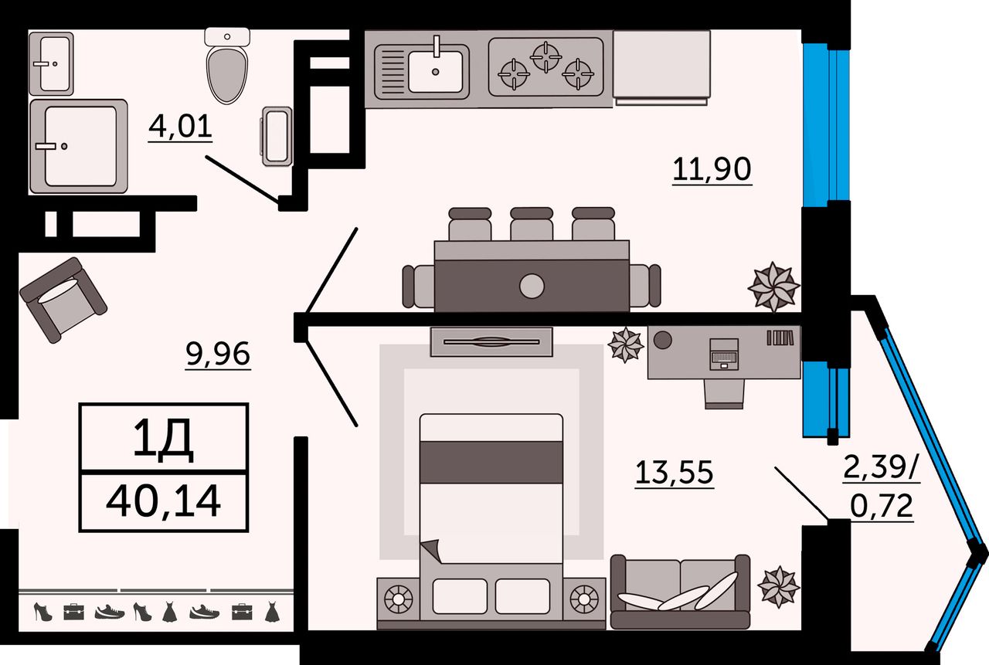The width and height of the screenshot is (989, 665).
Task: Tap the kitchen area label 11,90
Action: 711,168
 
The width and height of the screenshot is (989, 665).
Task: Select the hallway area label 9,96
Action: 218,355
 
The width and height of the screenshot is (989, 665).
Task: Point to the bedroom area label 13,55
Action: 674,473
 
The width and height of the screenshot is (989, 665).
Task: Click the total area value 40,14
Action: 164,502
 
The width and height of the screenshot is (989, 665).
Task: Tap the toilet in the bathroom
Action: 228,68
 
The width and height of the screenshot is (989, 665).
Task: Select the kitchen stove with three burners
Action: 546,66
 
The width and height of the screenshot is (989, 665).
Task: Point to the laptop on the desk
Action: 723,355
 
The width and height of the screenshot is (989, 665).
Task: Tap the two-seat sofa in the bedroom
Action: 680,591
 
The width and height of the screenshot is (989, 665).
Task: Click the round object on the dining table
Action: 532,286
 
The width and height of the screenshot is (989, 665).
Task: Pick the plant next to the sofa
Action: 778,586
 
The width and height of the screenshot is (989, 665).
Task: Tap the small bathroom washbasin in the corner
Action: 51,63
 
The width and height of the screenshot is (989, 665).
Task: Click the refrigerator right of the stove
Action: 661,65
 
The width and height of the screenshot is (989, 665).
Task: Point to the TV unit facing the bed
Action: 492,341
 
